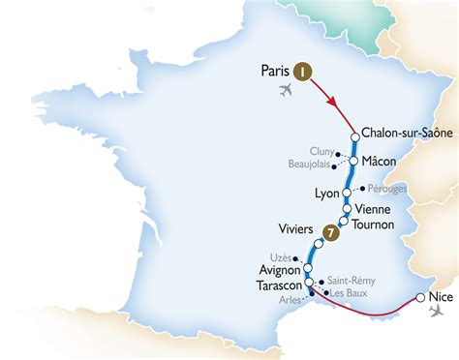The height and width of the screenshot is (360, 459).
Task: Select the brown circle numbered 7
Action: click(331, 232)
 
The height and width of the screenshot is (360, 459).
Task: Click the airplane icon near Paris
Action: click(284, 90)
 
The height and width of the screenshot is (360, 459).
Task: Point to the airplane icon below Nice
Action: click(432, 312)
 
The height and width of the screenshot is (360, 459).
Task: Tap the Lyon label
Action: click(327, 194)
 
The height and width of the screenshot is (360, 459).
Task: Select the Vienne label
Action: click(374, 209)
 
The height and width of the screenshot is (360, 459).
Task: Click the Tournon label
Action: click(373, 225)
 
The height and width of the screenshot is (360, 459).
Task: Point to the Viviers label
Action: click(296, 229)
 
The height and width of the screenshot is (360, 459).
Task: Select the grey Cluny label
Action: click(322, 152)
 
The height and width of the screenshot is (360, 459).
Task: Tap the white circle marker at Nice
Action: click(419, 298)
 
